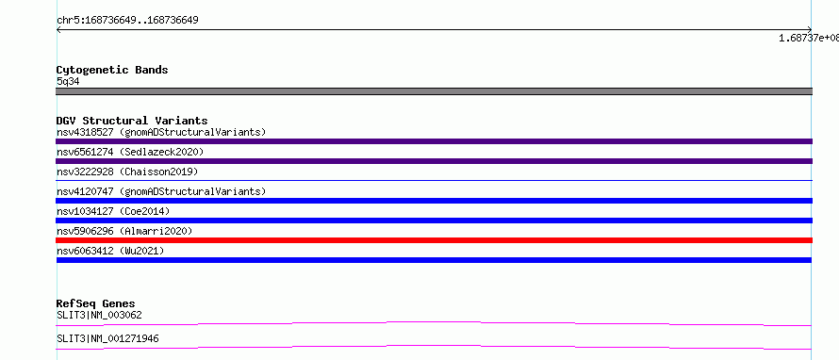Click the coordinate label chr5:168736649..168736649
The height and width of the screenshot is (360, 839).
click(x=127, y=21)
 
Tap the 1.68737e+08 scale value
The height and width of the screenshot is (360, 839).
click(x=809, y=38)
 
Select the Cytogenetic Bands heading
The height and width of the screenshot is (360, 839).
click(x=112, y=70)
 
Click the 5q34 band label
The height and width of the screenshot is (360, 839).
click(x=69, y=81)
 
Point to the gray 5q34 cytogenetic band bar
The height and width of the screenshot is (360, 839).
click(x=434, y=91)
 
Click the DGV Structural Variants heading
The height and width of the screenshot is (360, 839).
click(x=132, y=121)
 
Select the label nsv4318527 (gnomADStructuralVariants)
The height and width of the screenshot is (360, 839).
click(x=161, y=132)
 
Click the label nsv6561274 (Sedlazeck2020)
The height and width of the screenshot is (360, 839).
click(x=130, y=152)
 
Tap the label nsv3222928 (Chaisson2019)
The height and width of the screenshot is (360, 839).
click(x=127, y=172)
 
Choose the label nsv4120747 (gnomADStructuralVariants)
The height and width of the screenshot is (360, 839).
click(x=161, y=191)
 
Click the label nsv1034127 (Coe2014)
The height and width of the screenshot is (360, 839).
click(x=113, y=211)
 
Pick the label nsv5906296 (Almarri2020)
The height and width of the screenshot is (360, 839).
click(x=124, y=231)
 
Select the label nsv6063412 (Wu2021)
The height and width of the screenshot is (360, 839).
click(x=110, y=251)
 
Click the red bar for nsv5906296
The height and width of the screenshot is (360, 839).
click(x=434, y=240)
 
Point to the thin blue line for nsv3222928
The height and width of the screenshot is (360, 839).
click(x=434, y=180)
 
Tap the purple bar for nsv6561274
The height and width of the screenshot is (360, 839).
click(x=434, y=161)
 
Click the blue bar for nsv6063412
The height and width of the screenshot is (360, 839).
click(x=434, y=260)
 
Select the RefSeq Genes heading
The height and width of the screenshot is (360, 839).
click(x=96, y=303)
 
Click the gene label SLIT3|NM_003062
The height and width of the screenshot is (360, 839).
click(x=99, y=315)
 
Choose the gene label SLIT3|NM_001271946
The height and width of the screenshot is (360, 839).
click(x=107, y=338)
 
